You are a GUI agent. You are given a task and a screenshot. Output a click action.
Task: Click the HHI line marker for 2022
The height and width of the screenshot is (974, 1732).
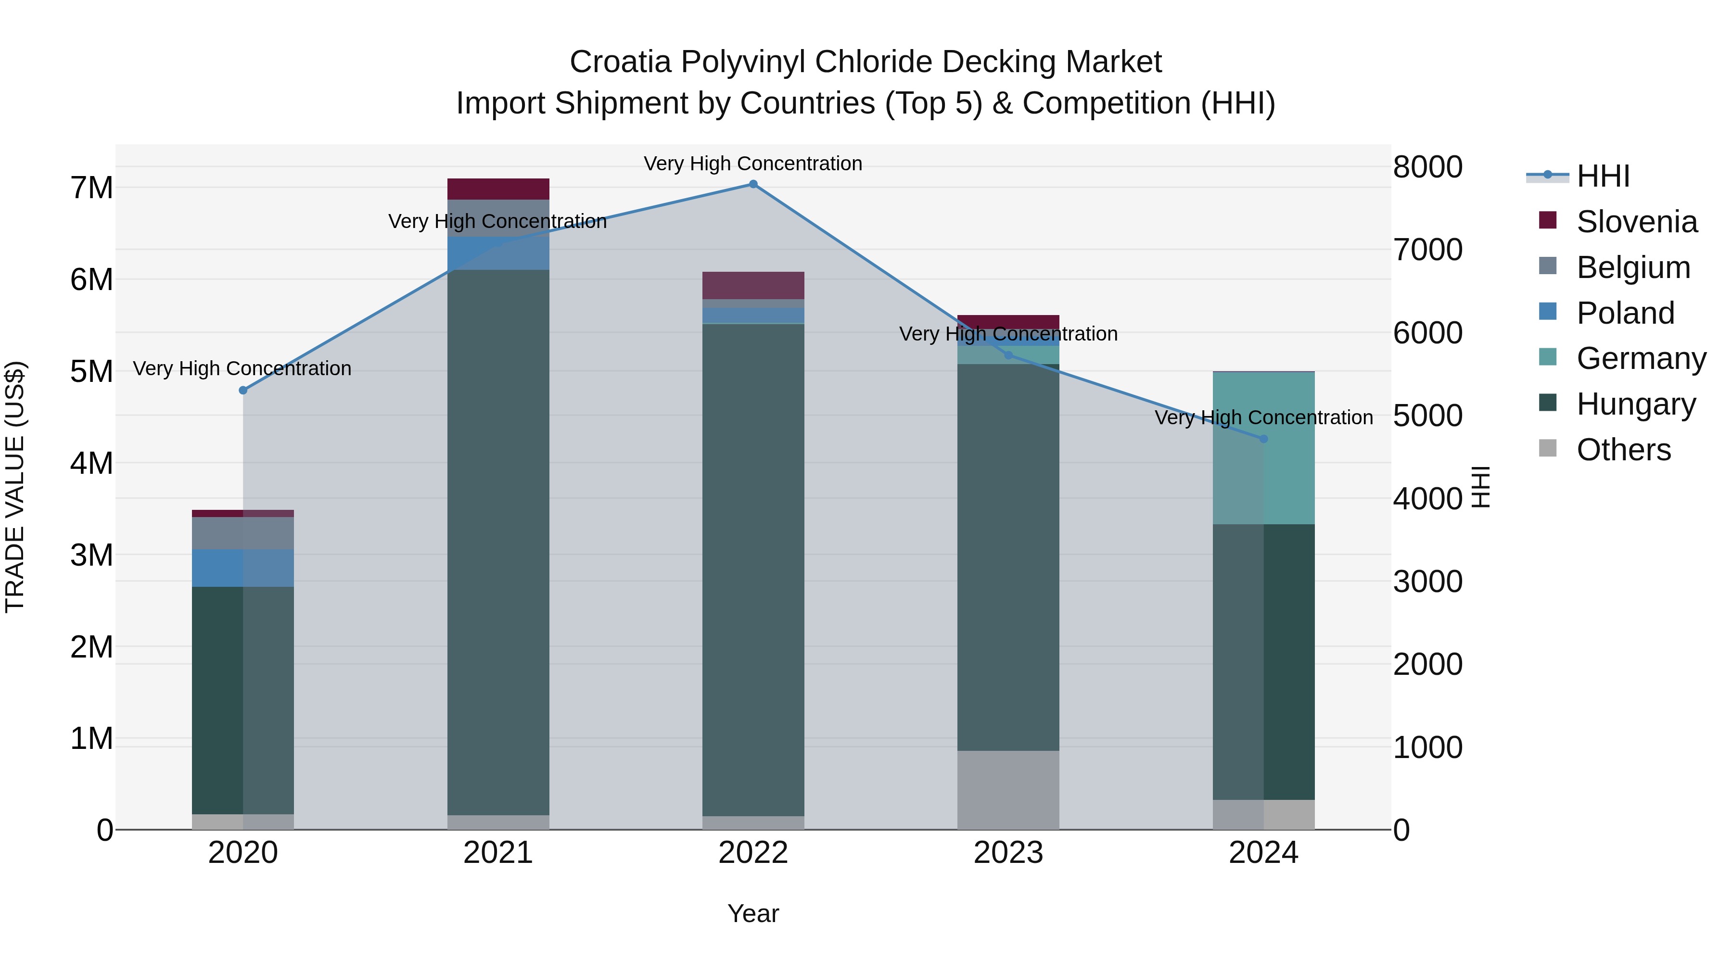coord(753,184)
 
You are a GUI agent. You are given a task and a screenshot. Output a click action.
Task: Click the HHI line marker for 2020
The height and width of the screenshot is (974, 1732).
coord(243,391)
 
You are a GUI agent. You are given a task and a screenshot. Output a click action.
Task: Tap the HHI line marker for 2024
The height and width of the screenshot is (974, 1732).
coord(1263,439)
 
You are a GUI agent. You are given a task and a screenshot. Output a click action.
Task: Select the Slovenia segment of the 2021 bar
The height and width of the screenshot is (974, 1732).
coord(498,189)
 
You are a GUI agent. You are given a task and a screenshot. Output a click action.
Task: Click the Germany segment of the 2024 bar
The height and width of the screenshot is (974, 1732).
coord(1263,448)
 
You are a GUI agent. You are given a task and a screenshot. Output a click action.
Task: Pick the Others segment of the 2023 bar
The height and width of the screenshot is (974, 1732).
coord(1008,790)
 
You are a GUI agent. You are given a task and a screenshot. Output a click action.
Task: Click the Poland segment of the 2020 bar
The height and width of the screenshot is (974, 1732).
coord(243,568)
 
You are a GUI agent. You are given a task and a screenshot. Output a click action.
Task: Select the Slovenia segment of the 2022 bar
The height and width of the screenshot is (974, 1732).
coord(753,285)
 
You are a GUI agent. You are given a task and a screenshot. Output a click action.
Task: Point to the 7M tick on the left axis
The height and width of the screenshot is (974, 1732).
coord(91,188)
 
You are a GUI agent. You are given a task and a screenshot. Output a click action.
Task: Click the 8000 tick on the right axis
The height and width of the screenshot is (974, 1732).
coord(1427,167)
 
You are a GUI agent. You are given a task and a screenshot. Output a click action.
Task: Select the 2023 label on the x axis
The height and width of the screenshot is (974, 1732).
coord(1008,853)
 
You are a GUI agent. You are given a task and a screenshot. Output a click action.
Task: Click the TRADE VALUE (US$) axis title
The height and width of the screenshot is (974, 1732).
coord(15,487)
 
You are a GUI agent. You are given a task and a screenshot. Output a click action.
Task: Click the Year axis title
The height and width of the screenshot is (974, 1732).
coord(753,913)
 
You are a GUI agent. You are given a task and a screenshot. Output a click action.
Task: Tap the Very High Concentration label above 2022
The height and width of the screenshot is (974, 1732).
coord(753,164)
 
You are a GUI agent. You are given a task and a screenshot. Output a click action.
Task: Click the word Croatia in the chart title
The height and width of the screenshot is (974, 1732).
coord(620,62)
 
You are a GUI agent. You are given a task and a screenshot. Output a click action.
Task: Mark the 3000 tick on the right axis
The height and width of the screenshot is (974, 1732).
coord(1427,582)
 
